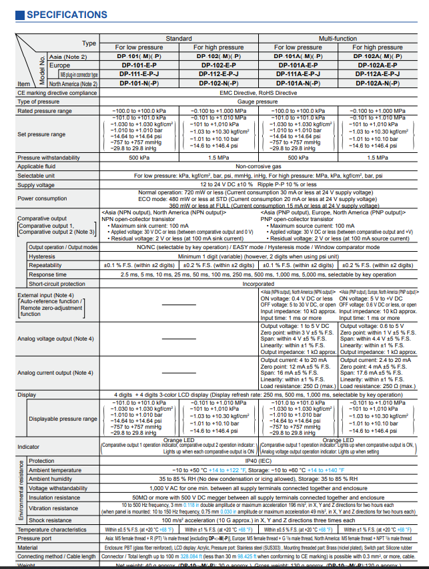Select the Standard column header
click(178, 38)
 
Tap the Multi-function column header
click(338, 38)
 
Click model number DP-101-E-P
click(139, 65)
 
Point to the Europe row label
click(60, 65)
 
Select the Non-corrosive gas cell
click(257, 166)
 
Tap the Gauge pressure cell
click(257, 102)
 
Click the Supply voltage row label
click(36, 185)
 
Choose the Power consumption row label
click(43, 198)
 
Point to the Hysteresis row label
click(42, 256)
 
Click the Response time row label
click(47, 274)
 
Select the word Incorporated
click(258, 283)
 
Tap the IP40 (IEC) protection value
click(258, 461)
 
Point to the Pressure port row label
click(34, 538)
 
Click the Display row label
click(27, 395)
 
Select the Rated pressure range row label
click(44, 111)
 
